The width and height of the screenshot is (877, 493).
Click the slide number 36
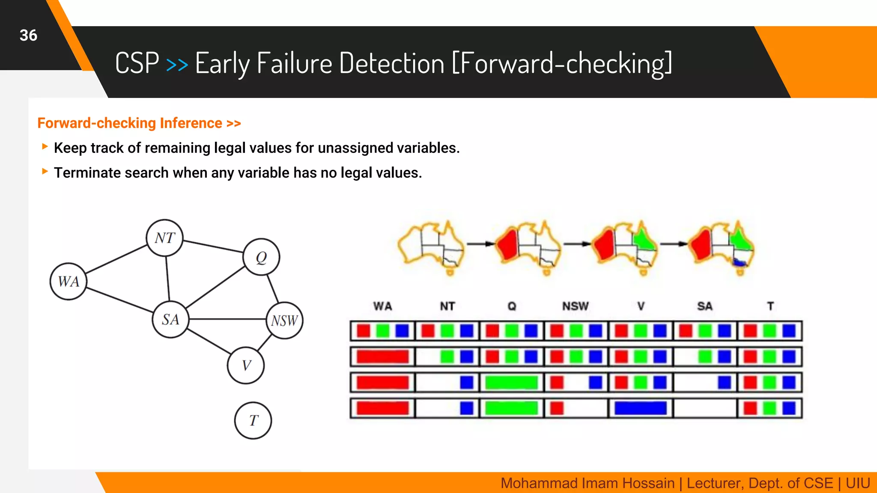(28, 35)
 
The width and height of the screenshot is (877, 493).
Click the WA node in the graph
(69, 281)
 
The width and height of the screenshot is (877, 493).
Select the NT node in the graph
(164, 238)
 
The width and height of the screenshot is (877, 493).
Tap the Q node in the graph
(261, 257)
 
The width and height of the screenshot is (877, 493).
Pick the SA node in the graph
(170, 319)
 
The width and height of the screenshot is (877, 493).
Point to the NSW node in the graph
(284, 321)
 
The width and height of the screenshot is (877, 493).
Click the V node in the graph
(246, 365)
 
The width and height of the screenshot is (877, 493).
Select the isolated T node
(253, 420)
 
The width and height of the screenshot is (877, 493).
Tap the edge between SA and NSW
(227, 319)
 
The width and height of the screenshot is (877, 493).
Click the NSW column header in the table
(575, 306)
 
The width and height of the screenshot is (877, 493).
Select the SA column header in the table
(704, 306)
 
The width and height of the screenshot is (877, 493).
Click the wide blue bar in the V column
(640, 408)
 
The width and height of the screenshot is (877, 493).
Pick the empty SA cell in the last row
(704, 408)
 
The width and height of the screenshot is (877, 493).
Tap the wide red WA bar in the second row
(382, 356)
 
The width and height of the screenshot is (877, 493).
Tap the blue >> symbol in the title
(177, 65)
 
